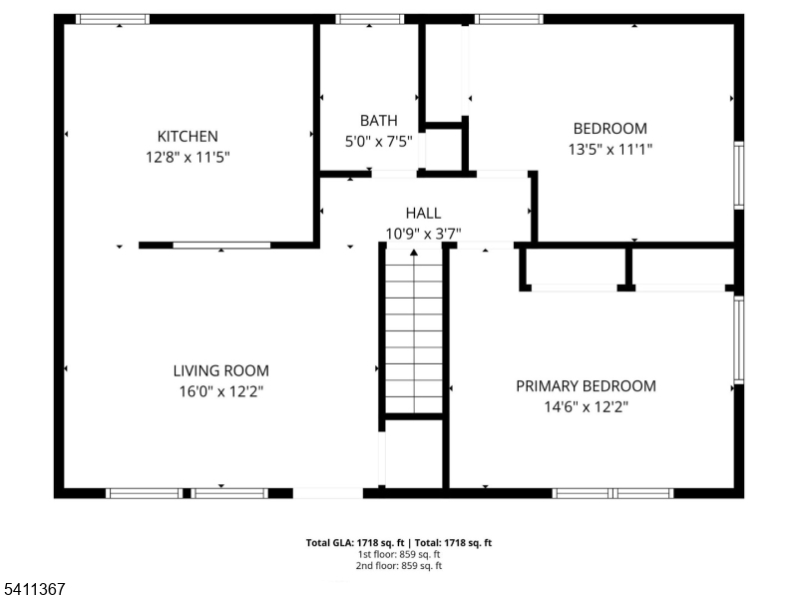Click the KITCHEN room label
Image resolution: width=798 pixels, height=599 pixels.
point(188,136)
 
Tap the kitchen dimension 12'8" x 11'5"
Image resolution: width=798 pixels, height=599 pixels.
point(188,156)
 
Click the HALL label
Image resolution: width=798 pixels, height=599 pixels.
point(423,213)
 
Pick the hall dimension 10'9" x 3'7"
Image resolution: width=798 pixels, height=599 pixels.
point(423,233)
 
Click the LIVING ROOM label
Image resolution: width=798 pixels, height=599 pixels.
point(220,370)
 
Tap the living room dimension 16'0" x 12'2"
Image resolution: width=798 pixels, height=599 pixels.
point(220,391)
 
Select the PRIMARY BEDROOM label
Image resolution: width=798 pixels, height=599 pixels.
point(586,385)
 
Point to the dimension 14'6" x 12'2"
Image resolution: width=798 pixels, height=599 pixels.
point(586,406)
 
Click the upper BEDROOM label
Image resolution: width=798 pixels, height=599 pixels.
point(609,128)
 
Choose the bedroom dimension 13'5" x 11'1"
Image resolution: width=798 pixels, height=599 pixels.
point(609,149)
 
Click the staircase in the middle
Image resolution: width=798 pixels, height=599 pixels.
point(414,329)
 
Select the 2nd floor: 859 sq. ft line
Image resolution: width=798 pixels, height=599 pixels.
point(399,565)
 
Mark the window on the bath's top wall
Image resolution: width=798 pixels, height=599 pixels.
point(369,19)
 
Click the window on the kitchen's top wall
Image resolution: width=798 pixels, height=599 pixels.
point(113,19)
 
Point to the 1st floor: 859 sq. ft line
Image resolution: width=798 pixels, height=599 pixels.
point(399,554)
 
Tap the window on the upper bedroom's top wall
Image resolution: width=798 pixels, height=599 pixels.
point(508,19)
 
